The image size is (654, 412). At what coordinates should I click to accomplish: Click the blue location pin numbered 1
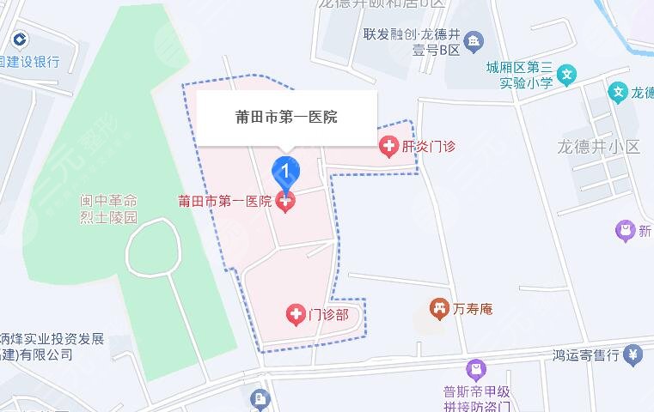coord(286,172)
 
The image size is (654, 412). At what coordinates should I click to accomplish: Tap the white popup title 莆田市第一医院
coord(286,117)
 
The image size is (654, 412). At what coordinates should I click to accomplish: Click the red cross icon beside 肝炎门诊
coord(388,146)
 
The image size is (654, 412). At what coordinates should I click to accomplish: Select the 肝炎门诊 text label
coord(428,147)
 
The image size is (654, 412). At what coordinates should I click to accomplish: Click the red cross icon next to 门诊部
coord(295,315)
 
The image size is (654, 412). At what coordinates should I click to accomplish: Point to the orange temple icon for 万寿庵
coord(440,306)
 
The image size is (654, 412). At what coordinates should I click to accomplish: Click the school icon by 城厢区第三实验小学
coord(566,76)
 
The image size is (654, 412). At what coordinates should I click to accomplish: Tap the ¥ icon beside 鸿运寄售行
coord(633,353)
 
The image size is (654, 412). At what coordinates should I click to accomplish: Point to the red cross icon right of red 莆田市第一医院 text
coord(285,202)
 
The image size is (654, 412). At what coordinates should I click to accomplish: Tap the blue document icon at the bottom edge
coord(260,399)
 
